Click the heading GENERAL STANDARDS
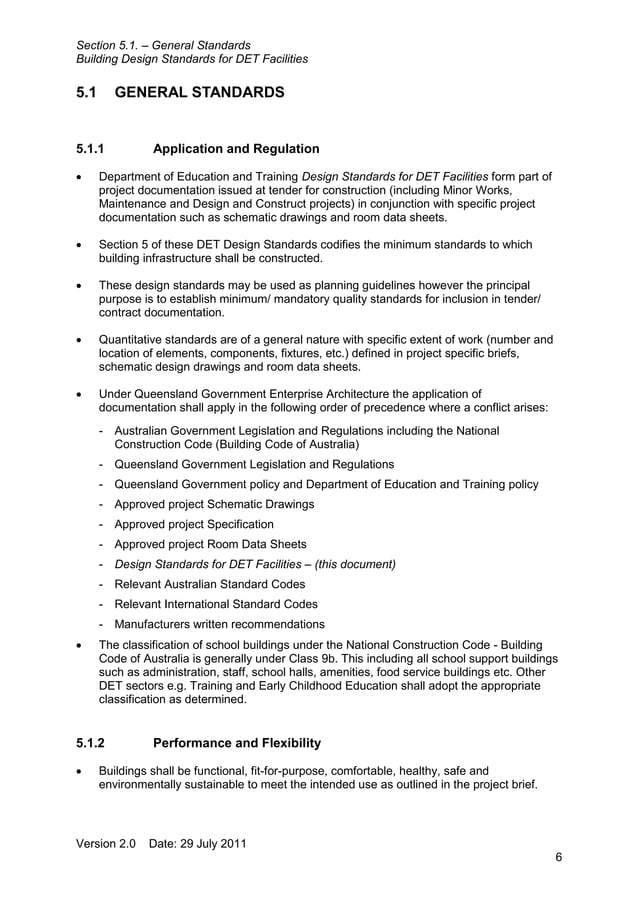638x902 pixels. (x=200, y=93)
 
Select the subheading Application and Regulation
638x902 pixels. (x=236, y=149)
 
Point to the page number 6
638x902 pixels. (x=559, y=858)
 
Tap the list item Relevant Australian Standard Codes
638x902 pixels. (x=210, y=584)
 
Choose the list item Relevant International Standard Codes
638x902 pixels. (x=216, y=604)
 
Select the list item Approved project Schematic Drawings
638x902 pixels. (x=214, y=504)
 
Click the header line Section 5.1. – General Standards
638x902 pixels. (x=163, y=45)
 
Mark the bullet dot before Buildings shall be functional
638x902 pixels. (x=80, y=772)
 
